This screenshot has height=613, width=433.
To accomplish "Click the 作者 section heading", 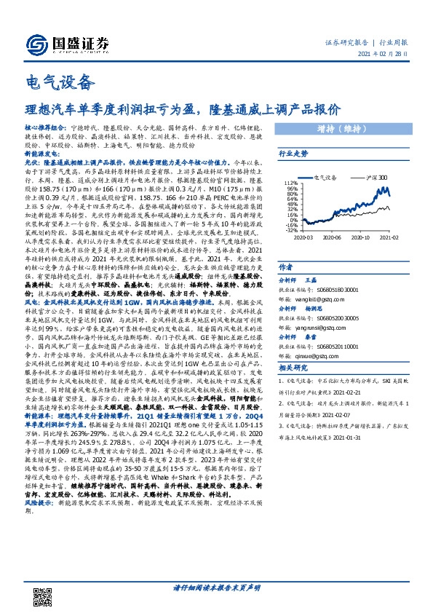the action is [x=287, y=267].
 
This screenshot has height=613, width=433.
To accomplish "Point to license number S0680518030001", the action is [x=341, y=290].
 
